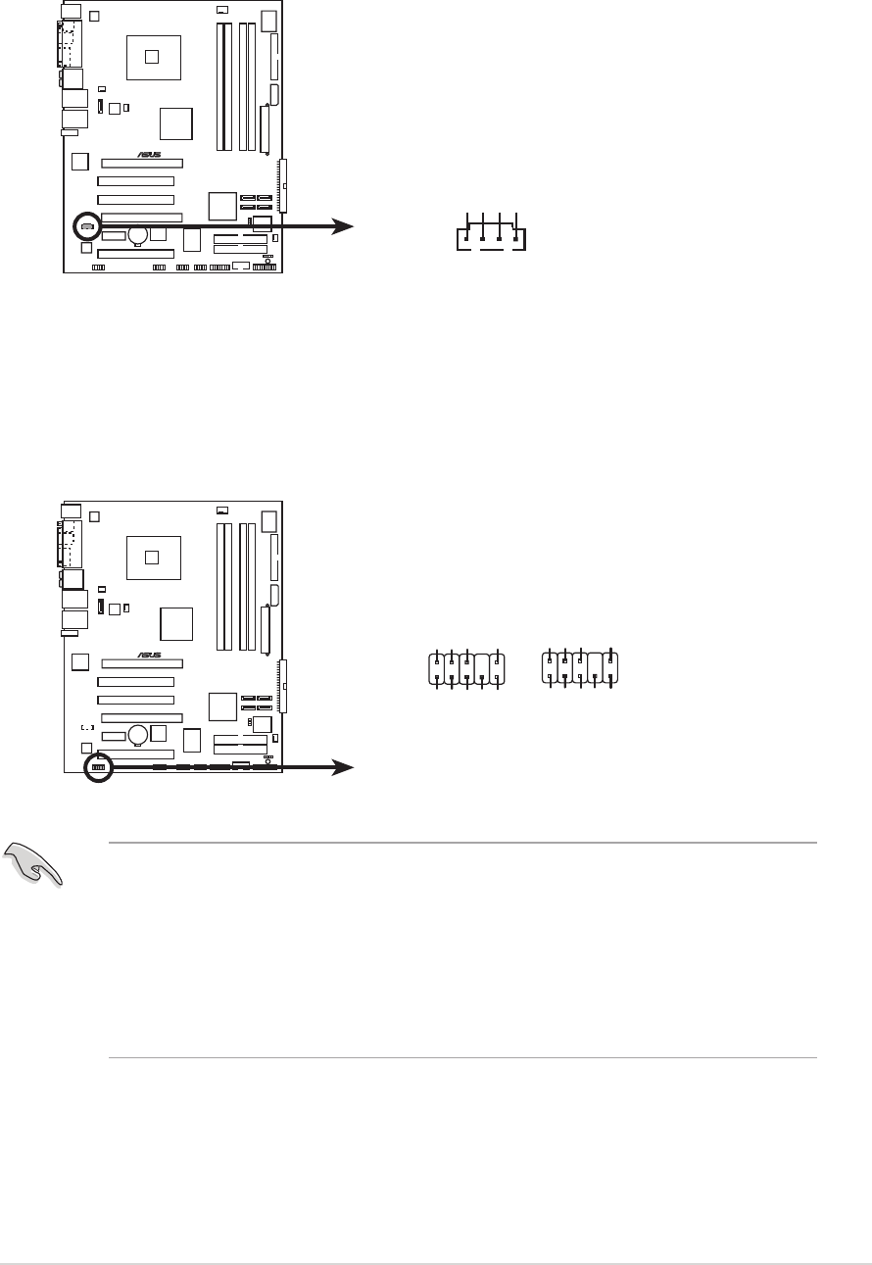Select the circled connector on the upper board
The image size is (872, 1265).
click(x=86, y=226)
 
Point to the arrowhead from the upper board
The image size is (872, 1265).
click(x=343, y=226)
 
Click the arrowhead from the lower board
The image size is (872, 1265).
click(x=343, y=767)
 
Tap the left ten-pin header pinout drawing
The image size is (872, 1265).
click(x=466, y=668)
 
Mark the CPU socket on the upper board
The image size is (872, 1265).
click(x=151, y=55)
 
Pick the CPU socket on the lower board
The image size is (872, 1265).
click(x=151, y=557)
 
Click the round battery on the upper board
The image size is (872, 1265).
click(x=139, y=234)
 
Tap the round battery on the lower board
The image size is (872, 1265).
click(x=139, y=734)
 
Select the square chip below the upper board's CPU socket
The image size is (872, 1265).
click(x=177, y=124)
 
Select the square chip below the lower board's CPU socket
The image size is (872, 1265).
click(x=177, y=624)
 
